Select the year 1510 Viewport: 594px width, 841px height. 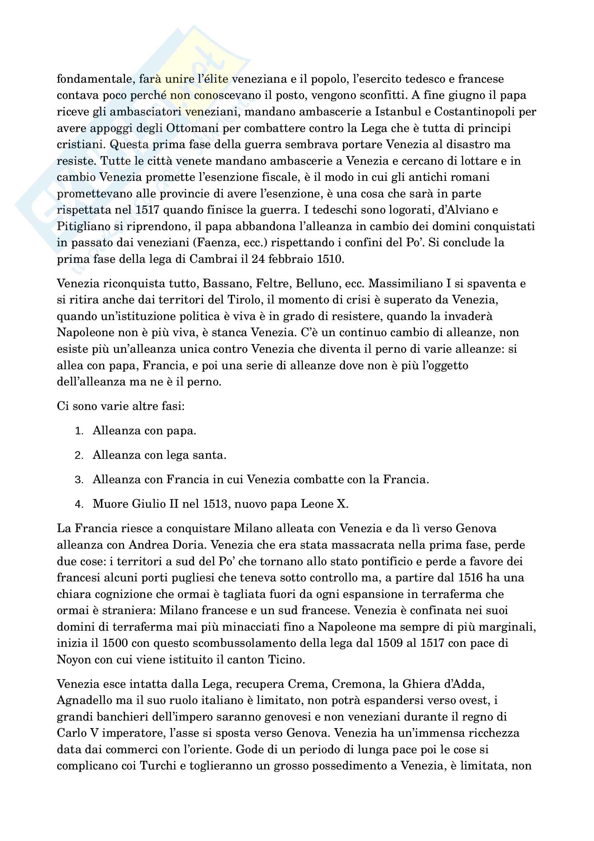point(329,259)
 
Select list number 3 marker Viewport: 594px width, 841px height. point(79,480)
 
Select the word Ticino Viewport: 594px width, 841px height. point(286,660)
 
